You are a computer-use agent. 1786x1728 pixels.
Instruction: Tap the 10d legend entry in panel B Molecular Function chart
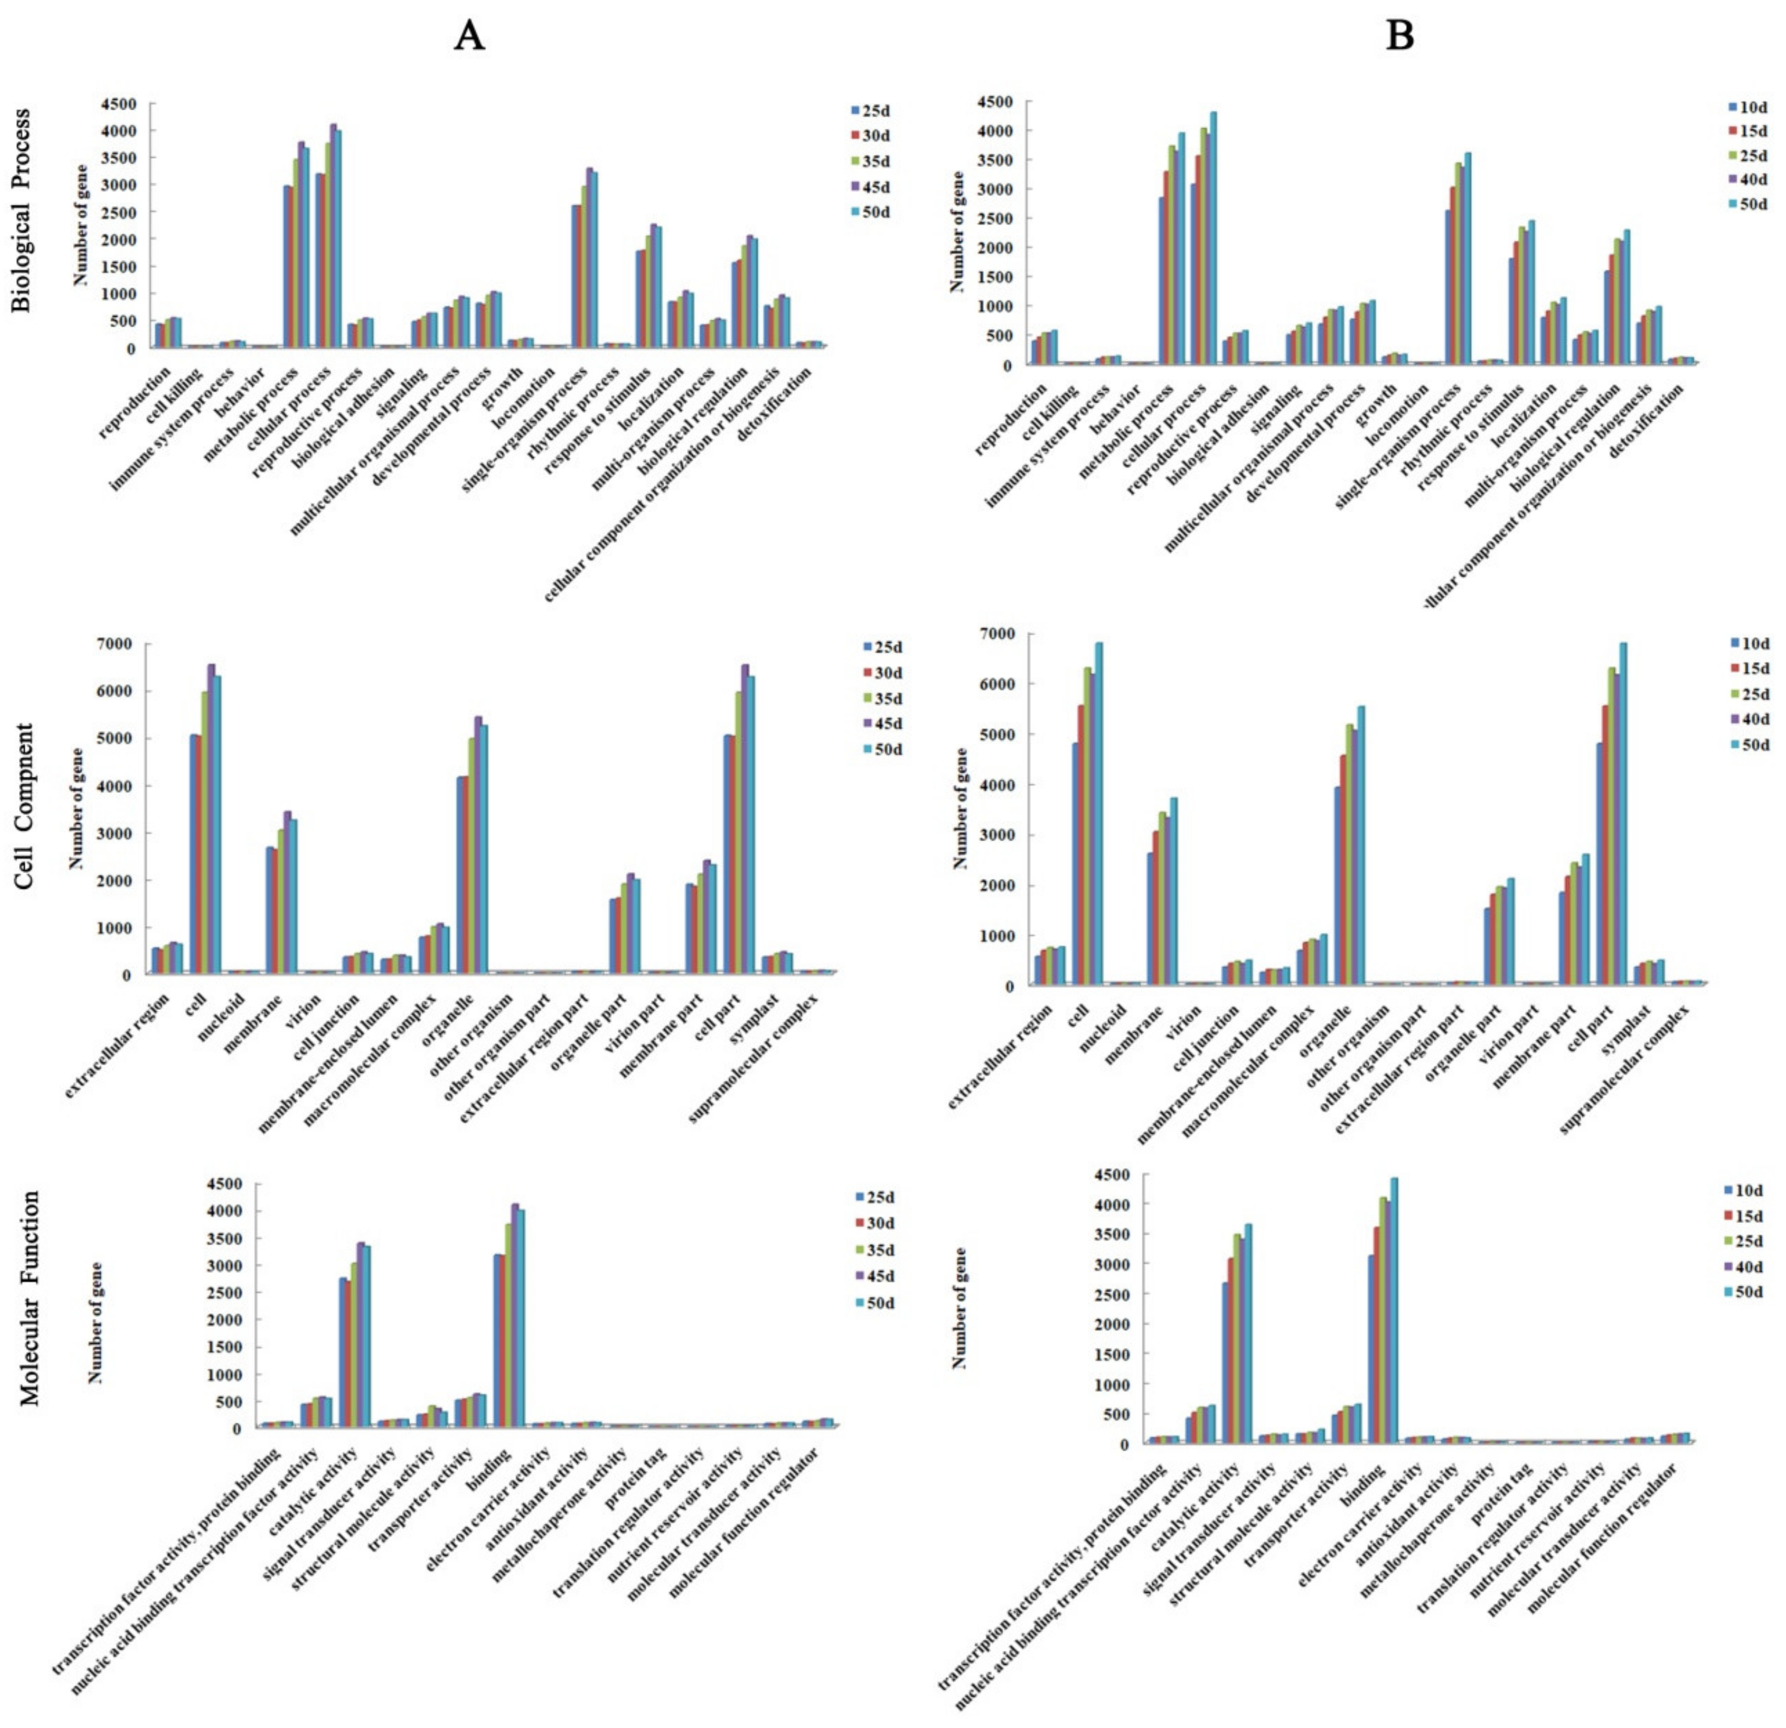click(1747, 1190)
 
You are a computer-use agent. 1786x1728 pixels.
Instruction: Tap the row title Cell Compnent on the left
click(24, 806)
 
